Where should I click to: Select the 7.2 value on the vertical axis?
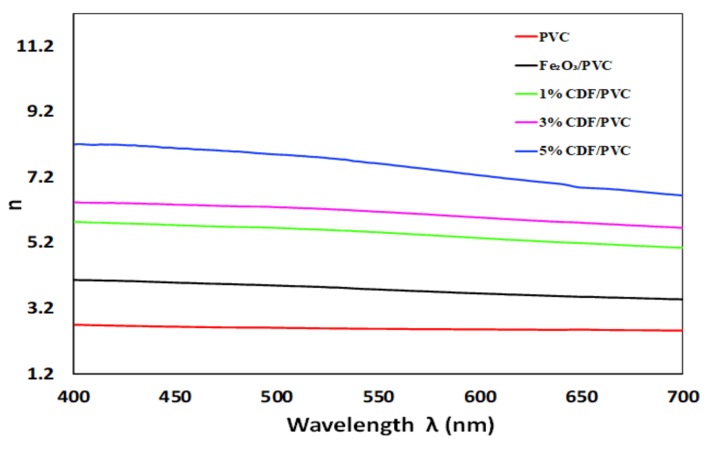pyautogui.click(x=40, y=177)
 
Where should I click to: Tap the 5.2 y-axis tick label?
pyautogui.click(x=40, y=242)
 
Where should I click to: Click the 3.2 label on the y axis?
pyautogui.click(x=40, y=308)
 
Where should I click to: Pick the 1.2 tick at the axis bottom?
pyautogui.click(x=40, y=374)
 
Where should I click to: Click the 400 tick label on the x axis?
pyautogui.click(x=74, y=397)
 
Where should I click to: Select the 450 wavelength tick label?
pyautogui.click(x=175, y=397)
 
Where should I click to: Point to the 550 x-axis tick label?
pyautogui.click(x=378, y=397)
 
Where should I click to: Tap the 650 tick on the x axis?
pyautogui.click(x=581, y=397)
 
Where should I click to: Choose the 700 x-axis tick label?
pyautogui.click(x=683, y=397)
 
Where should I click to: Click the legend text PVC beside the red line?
pyautogui.click(x=554, y=37)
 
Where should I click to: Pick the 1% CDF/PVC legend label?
pyautogui.click(x=585, y=94)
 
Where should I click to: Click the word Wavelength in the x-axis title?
pyautogui.click(x=350, y=425)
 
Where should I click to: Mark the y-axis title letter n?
pyautogui.click(x=15, y=205)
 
